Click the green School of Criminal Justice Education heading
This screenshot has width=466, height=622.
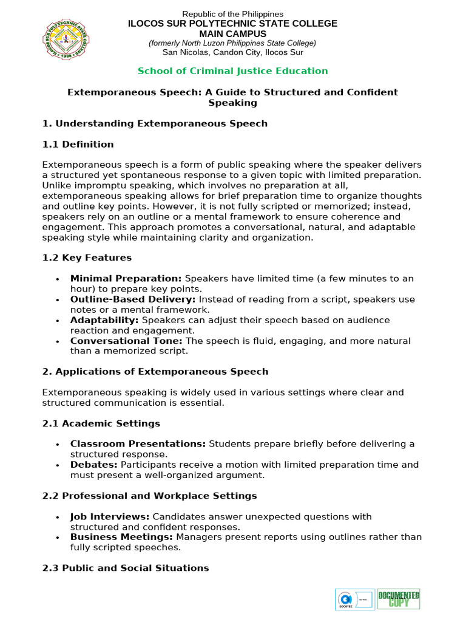click(232, 70)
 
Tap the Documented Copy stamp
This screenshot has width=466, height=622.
click(399, 599)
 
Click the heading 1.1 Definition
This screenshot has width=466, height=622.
click(78, 145)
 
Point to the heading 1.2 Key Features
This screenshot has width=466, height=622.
click(87, 258)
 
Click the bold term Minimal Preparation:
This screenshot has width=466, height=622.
click(126, 278)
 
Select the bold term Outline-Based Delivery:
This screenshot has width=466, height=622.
click(133, 299)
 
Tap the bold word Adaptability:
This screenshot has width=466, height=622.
click(104, 320)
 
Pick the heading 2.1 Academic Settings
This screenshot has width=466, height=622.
click(101, 423)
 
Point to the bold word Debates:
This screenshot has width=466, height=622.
click(93, 465)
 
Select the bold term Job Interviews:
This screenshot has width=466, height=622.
click(110, 516)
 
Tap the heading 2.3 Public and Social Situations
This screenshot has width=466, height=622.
click(126, 568)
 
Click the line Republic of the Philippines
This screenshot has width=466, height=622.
click(233, 14)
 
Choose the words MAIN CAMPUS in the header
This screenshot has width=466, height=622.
click(233, 33)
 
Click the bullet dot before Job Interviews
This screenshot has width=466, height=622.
click(57, 517)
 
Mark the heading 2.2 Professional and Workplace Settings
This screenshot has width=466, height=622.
click(149, 496)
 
